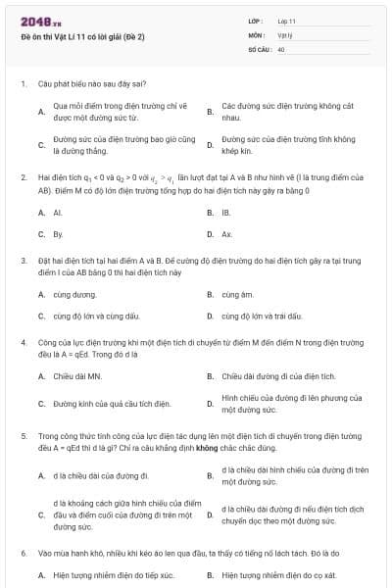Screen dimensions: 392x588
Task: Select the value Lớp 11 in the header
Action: pos(286,20)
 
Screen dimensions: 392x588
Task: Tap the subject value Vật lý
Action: pos(285,33)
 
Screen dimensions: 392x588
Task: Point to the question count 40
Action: pos(282,48)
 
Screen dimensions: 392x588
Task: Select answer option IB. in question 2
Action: pos(226,212)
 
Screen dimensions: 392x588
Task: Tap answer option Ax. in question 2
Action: pos(226,234)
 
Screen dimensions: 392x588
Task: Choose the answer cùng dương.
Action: pos(74,293)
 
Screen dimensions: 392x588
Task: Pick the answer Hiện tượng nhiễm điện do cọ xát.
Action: pos(279,574)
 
